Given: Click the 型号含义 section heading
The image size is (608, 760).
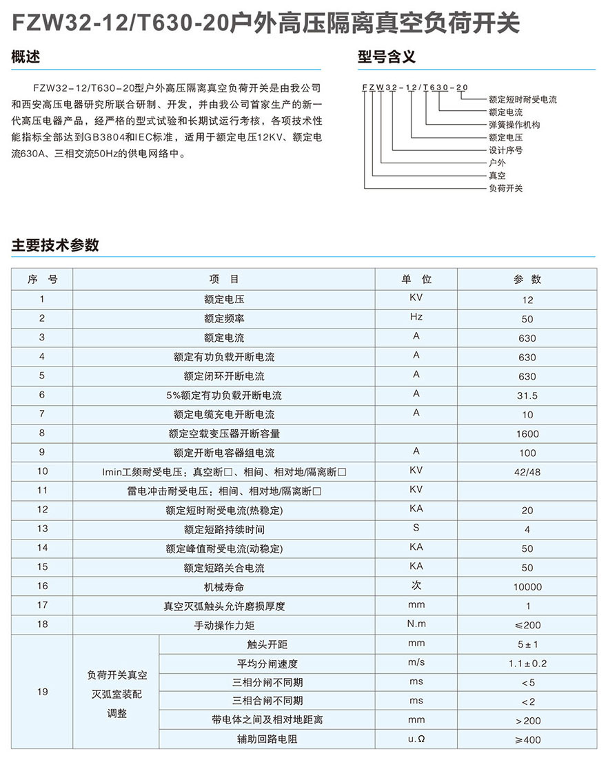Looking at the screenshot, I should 386,57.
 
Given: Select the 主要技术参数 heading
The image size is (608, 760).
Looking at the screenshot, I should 55,245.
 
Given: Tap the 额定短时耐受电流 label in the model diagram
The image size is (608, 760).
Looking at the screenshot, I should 522,100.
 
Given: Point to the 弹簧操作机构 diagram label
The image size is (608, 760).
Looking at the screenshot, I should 514,125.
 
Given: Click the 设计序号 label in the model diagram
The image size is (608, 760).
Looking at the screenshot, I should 505,150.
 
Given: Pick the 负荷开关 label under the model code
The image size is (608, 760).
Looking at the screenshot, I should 505,188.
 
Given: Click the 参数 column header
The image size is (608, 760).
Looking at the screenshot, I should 527,279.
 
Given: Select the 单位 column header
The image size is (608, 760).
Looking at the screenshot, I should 416,279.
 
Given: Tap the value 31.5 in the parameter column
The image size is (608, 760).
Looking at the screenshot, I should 527,396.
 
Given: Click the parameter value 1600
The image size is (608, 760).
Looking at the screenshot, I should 527,434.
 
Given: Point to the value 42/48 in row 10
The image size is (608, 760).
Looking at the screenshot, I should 527,472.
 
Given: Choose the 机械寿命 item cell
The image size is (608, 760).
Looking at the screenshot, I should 224,587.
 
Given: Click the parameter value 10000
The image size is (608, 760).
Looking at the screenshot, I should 527,587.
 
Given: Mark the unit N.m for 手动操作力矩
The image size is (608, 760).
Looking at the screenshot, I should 416,624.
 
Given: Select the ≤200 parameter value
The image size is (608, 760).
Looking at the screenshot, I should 527,625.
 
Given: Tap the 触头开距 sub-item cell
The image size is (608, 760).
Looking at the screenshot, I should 267,644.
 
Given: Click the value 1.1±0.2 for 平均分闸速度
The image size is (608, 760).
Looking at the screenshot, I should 527,664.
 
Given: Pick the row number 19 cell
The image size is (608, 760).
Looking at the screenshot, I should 42,691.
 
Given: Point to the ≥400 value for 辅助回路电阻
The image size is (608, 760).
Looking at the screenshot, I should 527,740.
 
